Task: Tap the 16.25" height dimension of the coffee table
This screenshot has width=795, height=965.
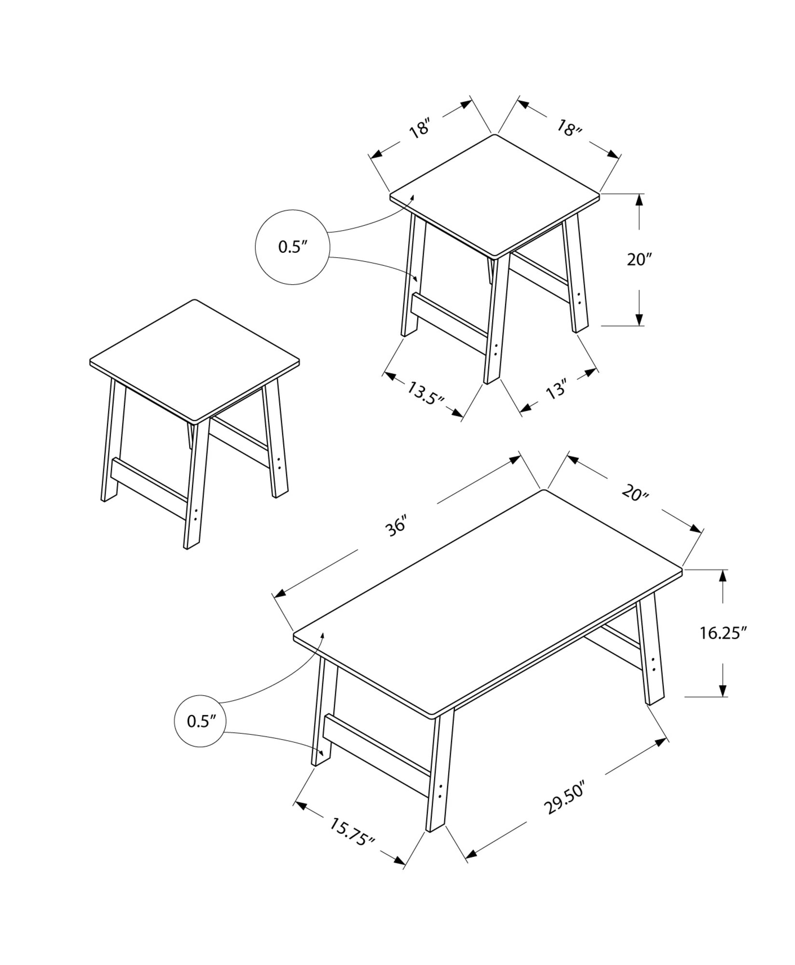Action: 723,633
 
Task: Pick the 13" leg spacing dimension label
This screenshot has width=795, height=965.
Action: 556,389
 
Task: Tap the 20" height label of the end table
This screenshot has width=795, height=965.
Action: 639,260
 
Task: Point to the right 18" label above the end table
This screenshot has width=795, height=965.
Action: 570,128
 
